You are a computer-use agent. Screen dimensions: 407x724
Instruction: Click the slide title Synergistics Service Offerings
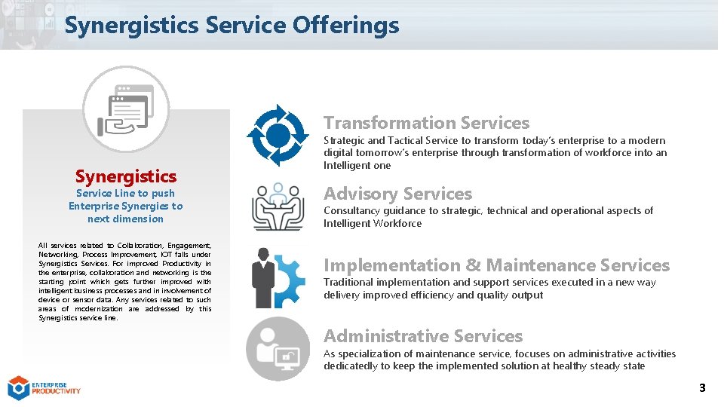(x=232, y=26)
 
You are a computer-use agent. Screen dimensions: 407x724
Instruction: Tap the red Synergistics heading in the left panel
(x=125, y=176)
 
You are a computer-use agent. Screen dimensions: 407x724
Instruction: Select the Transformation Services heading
(x=426, y=123)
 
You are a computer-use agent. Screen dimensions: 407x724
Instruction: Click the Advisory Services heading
(x=397, y=194)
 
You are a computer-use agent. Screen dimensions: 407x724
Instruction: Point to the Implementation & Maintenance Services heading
(x=496, y=265)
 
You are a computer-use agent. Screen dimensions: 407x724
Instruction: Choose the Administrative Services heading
(x=422, y=336)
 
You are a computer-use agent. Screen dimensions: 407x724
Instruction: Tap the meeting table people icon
(x=278, y=206)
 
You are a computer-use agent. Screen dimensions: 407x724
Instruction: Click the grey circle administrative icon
(x=278, y=349)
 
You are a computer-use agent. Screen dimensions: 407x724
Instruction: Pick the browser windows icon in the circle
(x=126, y=109)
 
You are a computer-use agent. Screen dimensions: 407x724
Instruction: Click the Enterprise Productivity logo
(x=44, y=387)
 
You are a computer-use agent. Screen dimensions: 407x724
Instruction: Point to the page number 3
(x=702, y=388)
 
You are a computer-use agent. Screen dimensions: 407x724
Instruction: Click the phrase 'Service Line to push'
(x=125, y=193)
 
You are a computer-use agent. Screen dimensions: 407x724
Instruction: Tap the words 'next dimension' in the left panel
(x=125, y=219)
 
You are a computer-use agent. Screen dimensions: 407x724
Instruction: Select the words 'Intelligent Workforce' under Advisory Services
(x=373, y=223)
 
